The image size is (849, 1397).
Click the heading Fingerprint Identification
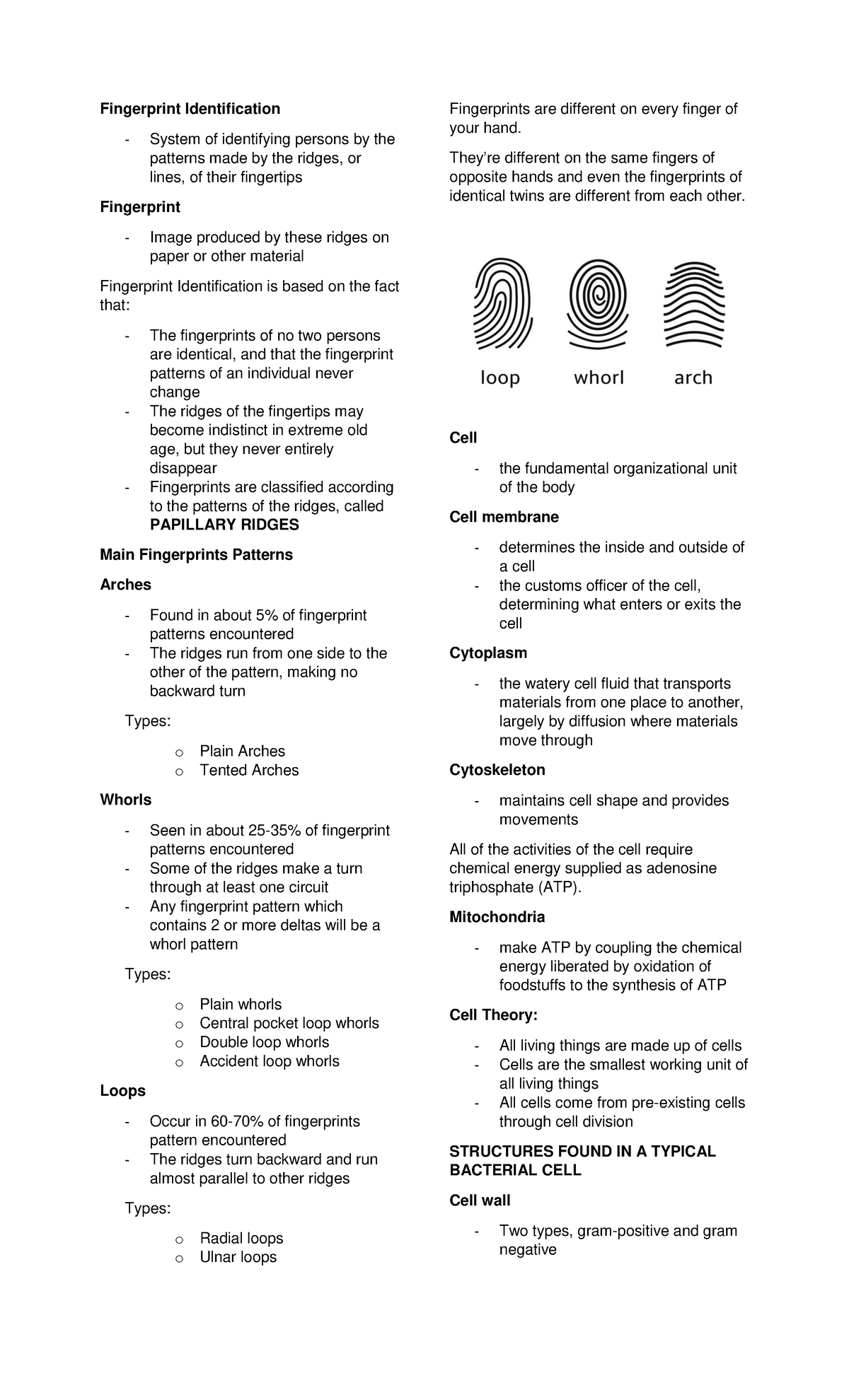(190, 108)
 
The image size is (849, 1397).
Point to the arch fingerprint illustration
(693, 305)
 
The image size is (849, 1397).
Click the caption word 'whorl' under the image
(599, 378)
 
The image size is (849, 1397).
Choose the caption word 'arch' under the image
(693, 378)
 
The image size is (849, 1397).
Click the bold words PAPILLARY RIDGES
(224, 525)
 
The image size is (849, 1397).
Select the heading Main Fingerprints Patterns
(196, 555)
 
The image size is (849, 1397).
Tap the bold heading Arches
(125, 585)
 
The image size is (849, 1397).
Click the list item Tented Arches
(249, 770)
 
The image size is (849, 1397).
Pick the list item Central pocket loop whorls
(289, 1023)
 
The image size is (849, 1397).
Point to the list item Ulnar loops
(238, 1257)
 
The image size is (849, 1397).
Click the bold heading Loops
(122, 1091)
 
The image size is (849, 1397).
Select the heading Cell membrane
(504, 517)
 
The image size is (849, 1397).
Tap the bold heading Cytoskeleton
(497, 770)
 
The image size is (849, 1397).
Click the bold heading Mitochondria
(497, 917)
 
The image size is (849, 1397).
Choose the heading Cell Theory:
(493, 1015)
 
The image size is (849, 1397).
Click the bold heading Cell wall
(480, 1200)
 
